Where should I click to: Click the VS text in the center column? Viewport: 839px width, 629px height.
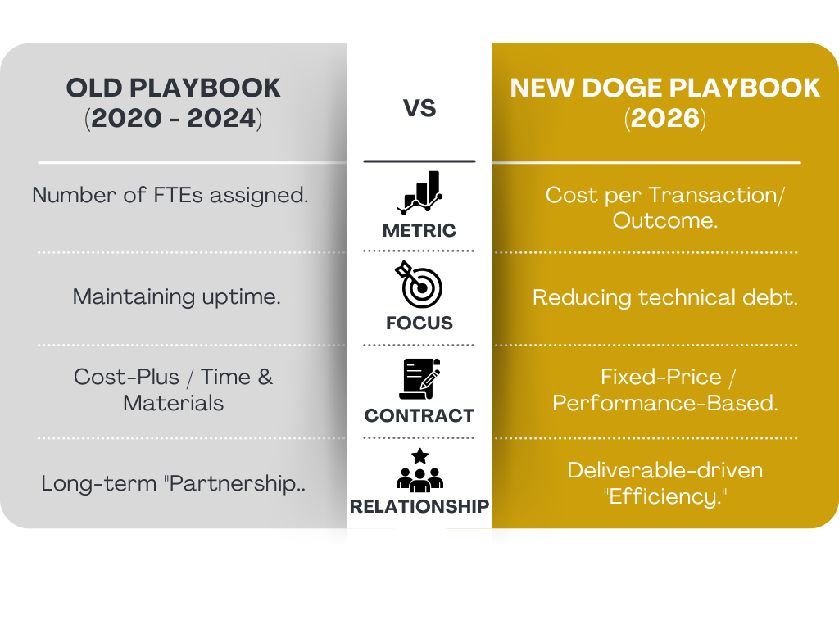[419, 108]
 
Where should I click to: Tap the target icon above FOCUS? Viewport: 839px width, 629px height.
[419, 284]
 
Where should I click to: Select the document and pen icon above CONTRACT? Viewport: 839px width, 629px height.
[419, 378]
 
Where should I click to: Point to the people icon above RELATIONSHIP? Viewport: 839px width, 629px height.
[419, 470]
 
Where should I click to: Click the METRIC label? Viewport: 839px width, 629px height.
[419, 231]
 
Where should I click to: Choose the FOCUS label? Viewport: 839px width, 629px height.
[419, 324]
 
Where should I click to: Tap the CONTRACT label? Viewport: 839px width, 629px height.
[419, 415]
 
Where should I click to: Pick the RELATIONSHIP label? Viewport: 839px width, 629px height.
[419, 507]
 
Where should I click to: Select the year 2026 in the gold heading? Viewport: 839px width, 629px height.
[664, 119]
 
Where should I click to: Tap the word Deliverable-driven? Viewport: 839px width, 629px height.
[664, 470]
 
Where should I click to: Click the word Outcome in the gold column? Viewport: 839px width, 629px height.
[660, 221]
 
